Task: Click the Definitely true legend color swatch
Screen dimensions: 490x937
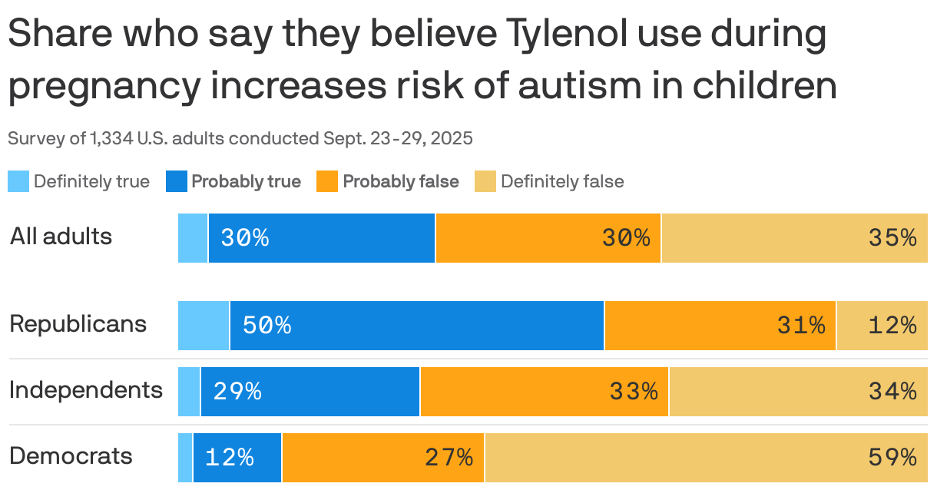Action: pos(18,182)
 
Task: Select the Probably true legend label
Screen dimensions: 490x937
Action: pos(246,182)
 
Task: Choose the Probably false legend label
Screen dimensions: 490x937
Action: pos(400,182)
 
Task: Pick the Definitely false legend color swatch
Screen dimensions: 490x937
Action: pos(485,182)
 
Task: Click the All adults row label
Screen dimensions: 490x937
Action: pos(61,237)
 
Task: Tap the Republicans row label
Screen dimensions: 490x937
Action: pos(78,324)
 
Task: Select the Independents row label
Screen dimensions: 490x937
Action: pos(86,390)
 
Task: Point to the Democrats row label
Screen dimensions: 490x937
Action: pos(71,456)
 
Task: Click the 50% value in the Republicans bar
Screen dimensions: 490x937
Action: pos(267,326)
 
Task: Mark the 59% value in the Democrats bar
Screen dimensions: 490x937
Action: pos(892,458)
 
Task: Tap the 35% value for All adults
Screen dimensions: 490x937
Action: pos(892,238)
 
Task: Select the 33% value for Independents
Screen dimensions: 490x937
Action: pos(634,392)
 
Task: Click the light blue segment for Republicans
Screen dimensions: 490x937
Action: pos(204,326)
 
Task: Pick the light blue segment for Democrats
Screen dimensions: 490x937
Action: pos(185,458)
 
